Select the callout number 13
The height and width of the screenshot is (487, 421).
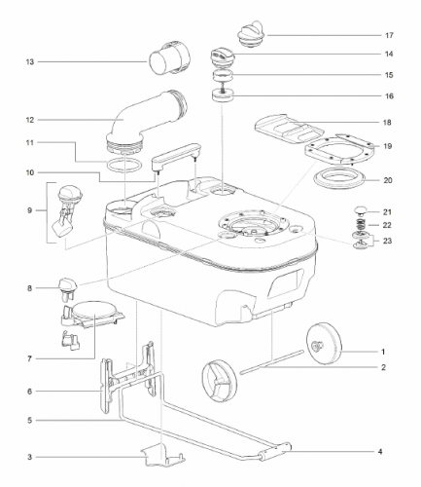point(30,61)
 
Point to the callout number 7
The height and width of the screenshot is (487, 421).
point(30,358)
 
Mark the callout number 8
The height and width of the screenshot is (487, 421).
point(30,288)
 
